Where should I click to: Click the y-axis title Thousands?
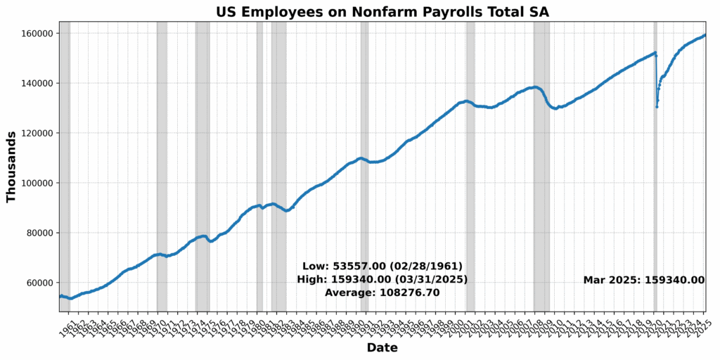point(11,167)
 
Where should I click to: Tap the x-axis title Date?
point(382,348)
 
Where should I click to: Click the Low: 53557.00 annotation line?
point(382,266)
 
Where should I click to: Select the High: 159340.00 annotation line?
point(382,279)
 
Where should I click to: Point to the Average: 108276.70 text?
point(382,292)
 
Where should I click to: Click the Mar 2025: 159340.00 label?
point(643,280)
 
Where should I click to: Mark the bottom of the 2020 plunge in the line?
point(657,106)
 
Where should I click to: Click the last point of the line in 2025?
point(705,35)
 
